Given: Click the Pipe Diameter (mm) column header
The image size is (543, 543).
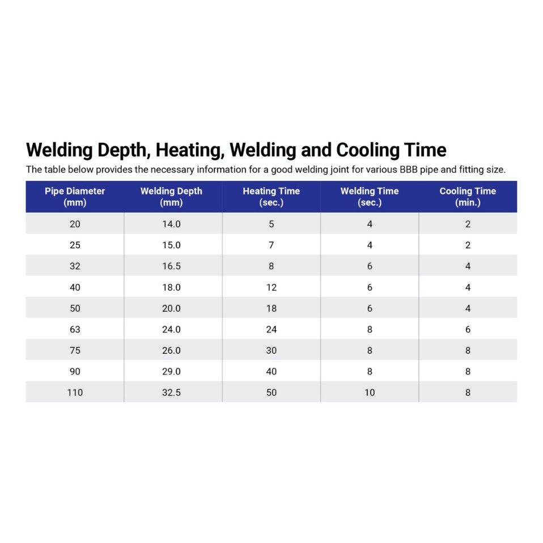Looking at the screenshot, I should [x=75, y=197].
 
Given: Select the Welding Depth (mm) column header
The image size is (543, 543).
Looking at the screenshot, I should [x=171, y=197].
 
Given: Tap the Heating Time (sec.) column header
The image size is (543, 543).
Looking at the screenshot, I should [x=271, y=197].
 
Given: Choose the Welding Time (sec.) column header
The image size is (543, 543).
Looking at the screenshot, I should [x=370, y=197].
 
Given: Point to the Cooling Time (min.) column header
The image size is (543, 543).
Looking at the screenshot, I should [x=468, y=197].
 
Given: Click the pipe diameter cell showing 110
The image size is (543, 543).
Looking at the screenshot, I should [x=75, y=392].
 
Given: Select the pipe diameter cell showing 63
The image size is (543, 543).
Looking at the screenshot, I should [x=75, y=329].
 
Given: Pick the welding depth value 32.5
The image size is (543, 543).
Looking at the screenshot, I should [x=171, y=392].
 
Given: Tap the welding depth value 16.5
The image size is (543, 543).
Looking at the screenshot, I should [x=171, y=266].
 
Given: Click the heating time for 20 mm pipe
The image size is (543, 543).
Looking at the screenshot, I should [x=271, y=224].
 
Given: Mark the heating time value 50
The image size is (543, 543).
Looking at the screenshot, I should [x=271, y=392].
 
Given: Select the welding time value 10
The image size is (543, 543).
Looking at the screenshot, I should [x=370, y=392].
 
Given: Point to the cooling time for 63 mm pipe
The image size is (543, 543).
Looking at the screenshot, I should [x=468, y=329].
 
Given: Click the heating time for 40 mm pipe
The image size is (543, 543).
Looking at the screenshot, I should [x=271, y=287].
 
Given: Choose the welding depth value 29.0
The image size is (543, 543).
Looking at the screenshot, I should [x=171, y=371].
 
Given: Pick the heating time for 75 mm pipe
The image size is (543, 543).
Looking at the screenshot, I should [x=271, y=350].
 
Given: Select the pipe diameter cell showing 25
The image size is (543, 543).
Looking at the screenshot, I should [x=75, y=245].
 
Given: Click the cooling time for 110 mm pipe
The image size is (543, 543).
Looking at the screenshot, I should [x=468, y=392].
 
